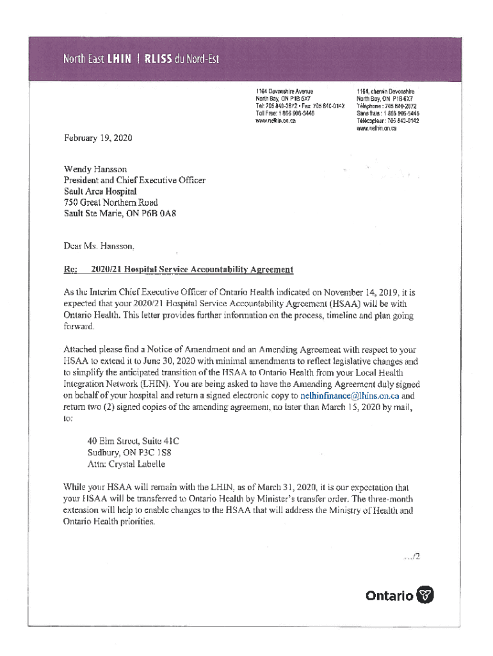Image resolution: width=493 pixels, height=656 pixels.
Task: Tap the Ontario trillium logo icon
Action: pyautogui.click(x=425, y=596)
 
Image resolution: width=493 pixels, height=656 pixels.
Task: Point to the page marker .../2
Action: pyautogui.click(x=412, y=557)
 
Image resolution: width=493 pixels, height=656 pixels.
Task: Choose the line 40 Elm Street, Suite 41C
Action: pyautogui.click(x=133, y=441)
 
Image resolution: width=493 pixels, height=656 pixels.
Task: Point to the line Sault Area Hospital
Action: pyautogui.click(x=100, y=191)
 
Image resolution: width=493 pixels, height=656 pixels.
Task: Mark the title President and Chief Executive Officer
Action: pyautogui.click(x=134, y=180)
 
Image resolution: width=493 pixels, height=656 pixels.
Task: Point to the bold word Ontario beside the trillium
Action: pyautogui.click(x=389, y=596)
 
